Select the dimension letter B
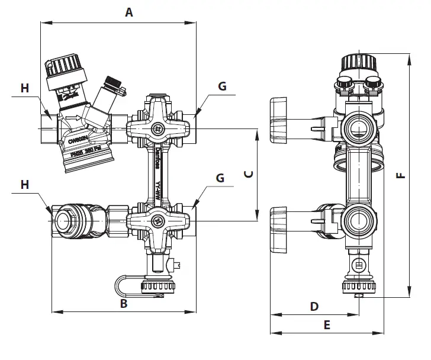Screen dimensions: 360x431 (124, 304)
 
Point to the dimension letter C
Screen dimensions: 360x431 (249, 174)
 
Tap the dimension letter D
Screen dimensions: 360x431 (314, 306)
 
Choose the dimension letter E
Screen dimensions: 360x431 (326, 324)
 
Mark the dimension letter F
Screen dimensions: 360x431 (400, 175)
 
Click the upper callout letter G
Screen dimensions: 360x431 (222, 86)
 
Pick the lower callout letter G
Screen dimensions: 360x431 (220, 177)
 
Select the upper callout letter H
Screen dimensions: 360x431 (24, 88)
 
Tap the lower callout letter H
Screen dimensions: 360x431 (24, 185)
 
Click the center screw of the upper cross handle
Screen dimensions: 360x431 (157, 128)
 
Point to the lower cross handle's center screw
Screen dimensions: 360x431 (157, 221)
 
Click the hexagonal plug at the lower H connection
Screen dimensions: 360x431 (63, 220)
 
